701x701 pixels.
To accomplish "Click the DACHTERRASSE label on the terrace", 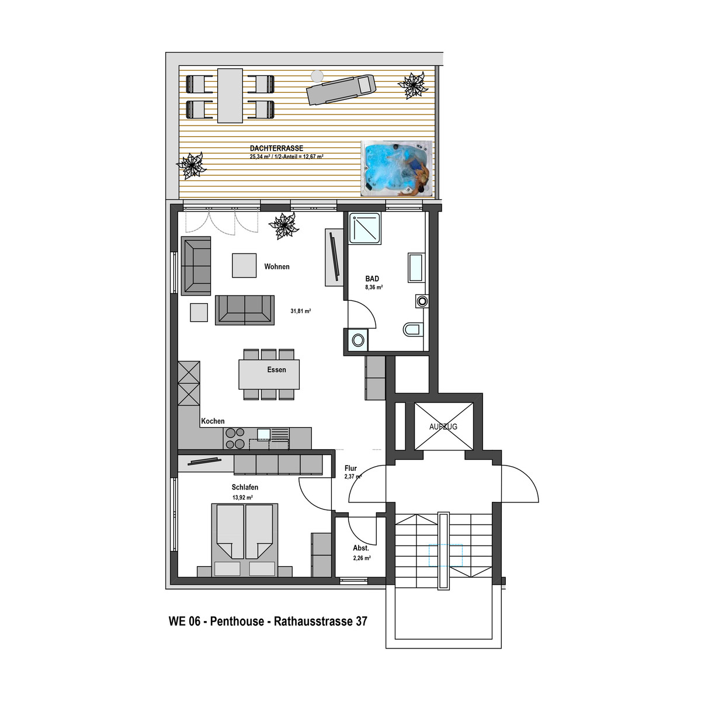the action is pos(276,148).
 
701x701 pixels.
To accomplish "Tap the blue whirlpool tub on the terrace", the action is pos(397,168).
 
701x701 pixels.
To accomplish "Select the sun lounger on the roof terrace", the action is pos(341,89).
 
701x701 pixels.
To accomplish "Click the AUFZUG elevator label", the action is pos(443,426).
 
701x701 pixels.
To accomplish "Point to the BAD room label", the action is pos(372,279).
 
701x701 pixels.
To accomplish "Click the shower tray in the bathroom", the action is pos(365,228).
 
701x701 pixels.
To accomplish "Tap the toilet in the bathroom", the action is pos(413,329).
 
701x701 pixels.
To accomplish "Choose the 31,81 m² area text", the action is pos(300,311).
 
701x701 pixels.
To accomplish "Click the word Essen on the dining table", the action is pos(276,370).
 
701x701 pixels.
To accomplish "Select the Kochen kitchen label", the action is pos(213,421).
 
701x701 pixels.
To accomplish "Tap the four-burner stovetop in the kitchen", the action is pos(235,438).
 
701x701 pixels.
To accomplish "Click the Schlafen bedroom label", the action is pos(245,487).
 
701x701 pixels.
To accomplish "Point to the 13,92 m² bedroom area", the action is pos(242,497).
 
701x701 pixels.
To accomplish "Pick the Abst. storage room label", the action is pos(361,548).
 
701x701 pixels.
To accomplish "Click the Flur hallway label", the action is pos(350,468).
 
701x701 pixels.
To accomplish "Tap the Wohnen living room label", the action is pos(277,266).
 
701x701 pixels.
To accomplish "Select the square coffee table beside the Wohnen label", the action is pos(244,265).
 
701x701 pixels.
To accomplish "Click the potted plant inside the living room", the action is pos(283,226).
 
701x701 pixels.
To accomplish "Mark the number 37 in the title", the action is pos(361,621).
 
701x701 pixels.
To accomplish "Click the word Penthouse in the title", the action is pos(237,621).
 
